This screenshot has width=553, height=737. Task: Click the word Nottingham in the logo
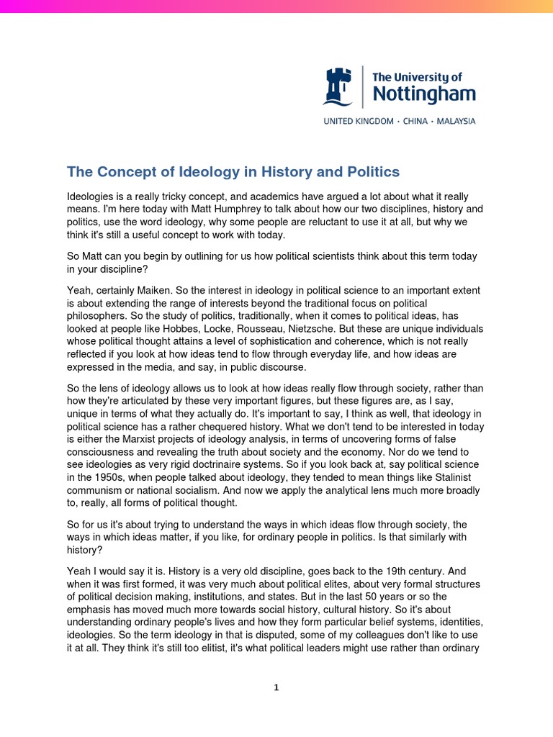coord(423,94)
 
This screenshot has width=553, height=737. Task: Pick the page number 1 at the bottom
coord(276,687)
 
